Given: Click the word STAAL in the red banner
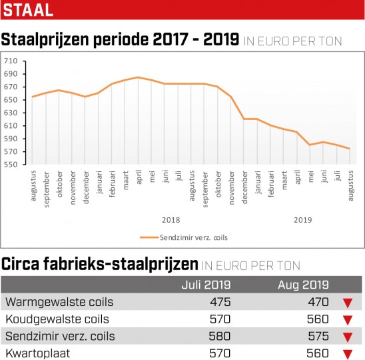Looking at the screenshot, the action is (28, 10).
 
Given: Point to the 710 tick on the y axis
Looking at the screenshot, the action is (11, 61).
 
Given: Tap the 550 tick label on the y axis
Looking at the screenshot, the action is (11, 165).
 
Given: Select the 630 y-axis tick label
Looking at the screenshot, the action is (11, 113).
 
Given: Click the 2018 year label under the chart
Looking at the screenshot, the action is (171, 220).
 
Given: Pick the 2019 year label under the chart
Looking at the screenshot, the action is (303, 220).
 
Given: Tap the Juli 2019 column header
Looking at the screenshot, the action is (206, 285).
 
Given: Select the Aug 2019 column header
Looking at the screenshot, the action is (303, 285).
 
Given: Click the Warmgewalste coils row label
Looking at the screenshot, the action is (59, 302).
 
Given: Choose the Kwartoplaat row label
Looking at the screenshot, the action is (38, 353).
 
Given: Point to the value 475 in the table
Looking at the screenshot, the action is (220, 302).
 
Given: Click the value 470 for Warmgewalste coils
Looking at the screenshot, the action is (318, 302).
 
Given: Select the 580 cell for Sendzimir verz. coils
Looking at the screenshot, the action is (220, 336).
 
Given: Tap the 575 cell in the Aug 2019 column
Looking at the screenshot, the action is (318, 336).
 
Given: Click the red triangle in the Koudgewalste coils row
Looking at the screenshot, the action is (348, 321).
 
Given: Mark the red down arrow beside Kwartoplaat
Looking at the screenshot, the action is (348, 355).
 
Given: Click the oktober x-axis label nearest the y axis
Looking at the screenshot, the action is (59, 184).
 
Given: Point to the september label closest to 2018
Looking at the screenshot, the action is (205, 189).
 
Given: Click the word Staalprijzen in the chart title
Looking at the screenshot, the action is (45, 39).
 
